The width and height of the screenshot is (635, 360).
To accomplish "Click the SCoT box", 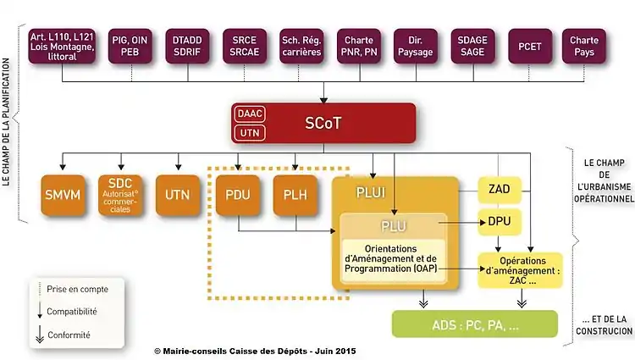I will [x=323, y=123].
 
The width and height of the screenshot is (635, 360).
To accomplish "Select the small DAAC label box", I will [x=250, y=114].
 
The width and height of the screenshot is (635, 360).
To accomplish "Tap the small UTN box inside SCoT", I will [x=250, y=132].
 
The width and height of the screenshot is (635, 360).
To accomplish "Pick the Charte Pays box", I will [x=584, y=47].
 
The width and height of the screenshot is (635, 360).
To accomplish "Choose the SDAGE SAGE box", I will [x=472, y=47].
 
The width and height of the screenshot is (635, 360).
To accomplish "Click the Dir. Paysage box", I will [x=415, y=47].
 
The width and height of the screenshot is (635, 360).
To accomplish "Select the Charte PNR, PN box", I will [x=359, y=47].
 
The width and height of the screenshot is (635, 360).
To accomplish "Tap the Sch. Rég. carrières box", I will [x=301, y=47].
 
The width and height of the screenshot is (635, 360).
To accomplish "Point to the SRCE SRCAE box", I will [x=245, y=47].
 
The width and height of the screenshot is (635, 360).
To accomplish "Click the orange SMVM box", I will [x=63, y=194].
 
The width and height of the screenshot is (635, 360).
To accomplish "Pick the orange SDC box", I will [x=120, y=194].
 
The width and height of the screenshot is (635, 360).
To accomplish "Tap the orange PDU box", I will [x=237, y=194].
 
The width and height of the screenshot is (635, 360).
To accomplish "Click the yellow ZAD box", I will [x=500, y=190].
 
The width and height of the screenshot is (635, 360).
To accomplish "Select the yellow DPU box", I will [x=500, y=222].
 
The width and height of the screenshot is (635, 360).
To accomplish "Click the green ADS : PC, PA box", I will [x=474, y=324].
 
